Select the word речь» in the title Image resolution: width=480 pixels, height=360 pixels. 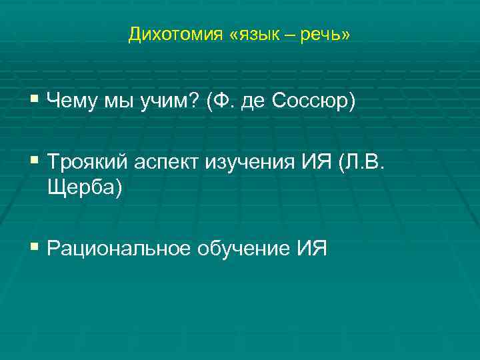pyautogui.click(x=327, y=34)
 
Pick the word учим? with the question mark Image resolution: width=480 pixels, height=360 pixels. pyautogui.click(x=171, y=102)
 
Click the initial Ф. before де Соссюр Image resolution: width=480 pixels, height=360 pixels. pyautogui.click(x=221, y=102)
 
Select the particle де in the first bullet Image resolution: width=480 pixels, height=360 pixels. pyautogui.click(x=252, y=102)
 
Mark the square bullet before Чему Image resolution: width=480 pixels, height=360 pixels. pyautogui.click(x=35, y=102)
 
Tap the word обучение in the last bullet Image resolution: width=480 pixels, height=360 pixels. pyautogui.click(x=242, y=249)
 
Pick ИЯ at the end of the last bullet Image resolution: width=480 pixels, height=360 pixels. pyautogui.click(x=311, y=249)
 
